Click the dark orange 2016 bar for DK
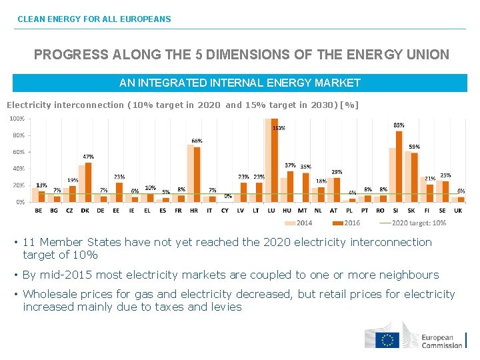tap(89, 182)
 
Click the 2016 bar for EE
tap(119, 192)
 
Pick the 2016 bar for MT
tap(306, 187)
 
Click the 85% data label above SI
tap(399, 125)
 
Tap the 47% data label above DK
tap(88, 157)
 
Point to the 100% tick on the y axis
tap(17, 119)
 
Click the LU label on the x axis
tap(271, 210)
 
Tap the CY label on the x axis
tap(225, 210)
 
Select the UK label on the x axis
tap(457, 210)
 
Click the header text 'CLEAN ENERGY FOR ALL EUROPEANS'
tap(94, 19)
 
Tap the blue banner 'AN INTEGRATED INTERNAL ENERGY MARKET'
tap(239, 83)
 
